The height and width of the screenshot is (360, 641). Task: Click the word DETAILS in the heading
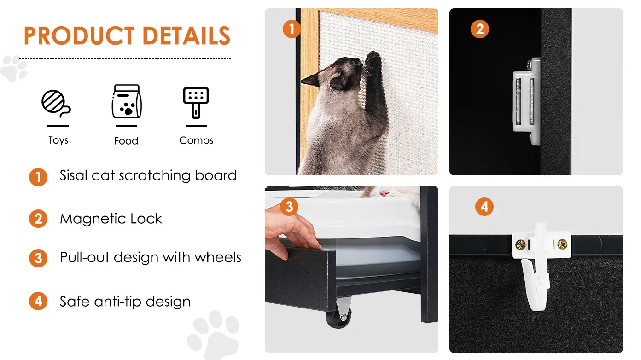point(186,35)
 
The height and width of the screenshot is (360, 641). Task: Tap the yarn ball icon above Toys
point(56,104)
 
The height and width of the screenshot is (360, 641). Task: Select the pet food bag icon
point(127,101)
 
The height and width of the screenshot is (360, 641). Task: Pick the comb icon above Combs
point(196,103)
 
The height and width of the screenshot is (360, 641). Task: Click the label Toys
point(58,140)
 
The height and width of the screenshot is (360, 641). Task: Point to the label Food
point(126,141)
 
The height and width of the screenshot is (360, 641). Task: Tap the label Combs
point(196,140)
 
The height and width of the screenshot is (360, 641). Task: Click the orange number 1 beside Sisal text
point(38,177)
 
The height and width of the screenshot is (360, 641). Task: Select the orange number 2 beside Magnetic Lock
point(38,219)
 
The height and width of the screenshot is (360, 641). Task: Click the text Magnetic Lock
point(111,219)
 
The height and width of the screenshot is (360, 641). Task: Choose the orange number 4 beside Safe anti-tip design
point(38,301)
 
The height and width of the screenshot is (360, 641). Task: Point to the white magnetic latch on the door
point(526,101)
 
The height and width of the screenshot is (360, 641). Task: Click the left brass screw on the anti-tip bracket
point(520,244)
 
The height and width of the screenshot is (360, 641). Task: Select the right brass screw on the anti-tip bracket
point(562,244)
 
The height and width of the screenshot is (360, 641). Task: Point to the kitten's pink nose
point(384,194)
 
